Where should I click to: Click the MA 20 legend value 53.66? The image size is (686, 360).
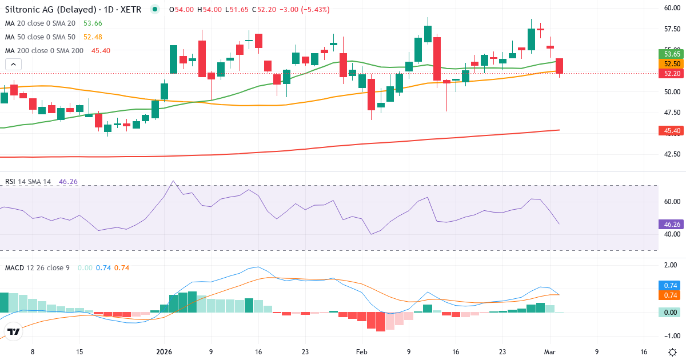click(x=93, y=23)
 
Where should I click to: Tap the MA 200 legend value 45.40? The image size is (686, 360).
click(x=101, y=51)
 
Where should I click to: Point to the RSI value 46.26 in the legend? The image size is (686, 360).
click(x=68, y=182)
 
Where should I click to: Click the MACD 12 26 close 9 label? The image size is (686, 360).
click(x=37, y=267)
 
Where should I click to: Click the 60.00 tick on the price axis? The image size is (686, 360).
click(x=671, y=8)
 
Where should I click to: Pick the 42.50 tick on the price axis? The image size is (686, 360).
click(x=671, y=154)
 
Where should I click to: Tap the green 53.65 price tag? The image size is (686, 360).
click(x=671, y=54)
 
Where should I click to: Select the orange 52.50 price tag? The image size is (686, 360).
click(x=671, y=63)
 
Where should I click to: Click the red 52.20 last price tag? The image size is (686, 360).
click(x=671, y=73)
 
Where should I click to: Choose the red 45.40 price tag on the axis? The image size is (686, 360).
click(x=671, y=131)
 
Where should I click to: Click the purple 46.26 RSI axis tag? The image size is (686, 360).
click(x=671, y=225)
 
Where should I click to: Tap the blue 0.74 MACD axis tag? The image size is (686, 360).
click(x=671, y=285)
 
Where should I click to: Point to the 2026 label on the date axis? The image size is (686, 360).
click(x=164, y=352)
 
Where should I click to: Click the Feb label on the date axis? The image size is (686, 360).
click(x=361, y=352)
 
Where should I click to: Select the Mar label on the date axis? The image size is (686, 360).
click(x=549, y=352)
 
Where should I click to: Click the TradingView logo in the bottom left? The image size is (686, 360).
click(x=14, y=331)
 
